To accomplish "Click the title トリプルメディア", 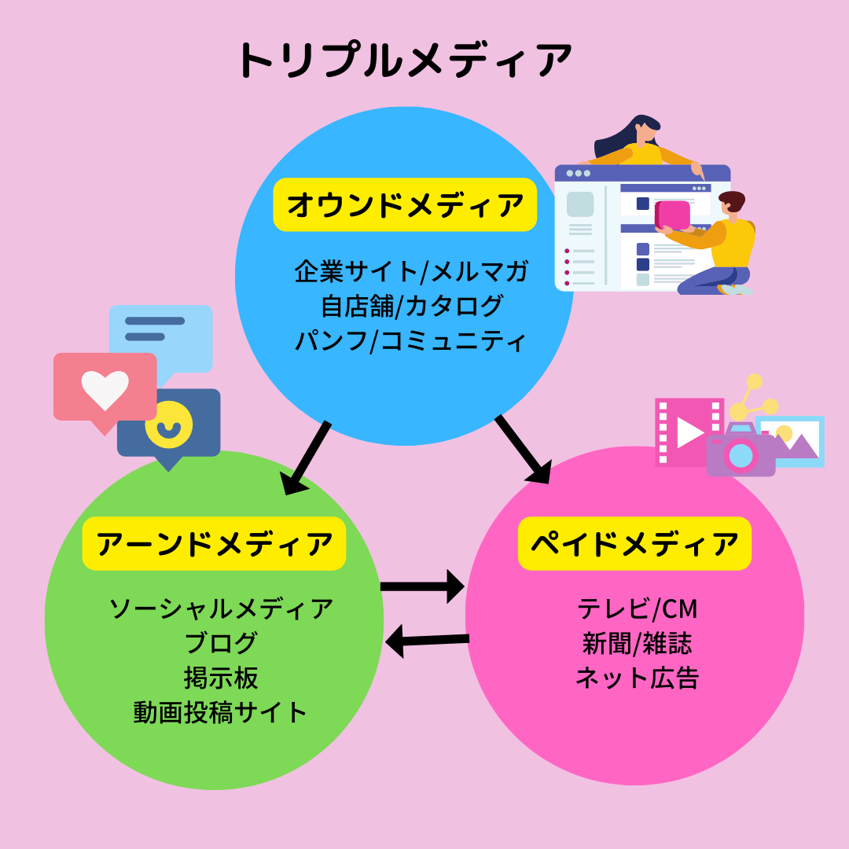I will [404, 61].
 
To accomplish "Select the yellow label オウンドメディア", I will [405, 204].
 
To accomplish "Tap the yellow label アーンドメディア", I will [214, 543].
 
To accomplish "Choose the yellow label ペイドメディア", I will [634, 543].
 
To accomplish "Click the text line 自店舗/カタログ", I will [411, 307].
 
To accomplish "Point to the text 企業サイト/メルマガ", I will [411, 272].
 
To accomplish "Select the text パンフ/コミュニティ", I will [411, 341].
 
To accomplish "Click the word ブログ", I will [220, 643].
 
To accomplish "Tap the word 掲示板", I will [220, 678].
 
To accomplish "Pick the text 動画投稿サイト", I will [220, 712].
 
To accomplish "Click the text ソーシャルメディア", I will [220, 608].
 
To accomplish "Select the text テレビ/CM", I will [637, 608].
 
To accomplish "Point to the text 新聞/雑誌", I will [637, 643].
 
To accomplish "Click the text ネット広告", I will [637, 678].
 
